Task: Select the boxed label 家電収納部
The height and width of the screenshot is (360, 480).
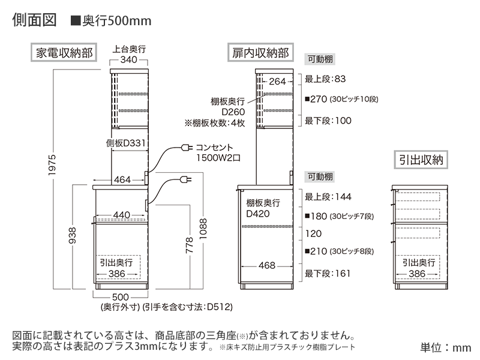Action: (64, 53)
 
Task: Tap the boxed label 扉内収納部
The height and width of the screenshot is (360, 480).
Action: (260, 53)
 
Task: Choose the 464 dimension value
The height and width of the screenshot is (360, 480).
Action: (122, 180)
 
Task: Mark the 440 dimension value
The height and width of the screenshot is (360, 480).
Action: (121, 215)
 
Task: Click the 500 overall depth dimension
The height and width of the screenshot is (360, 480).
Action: (121, 297)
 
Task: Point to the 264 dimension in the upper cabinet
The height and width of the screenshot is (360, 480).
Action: (277, 82)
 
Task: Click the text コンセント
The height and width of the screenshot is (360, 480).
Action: (214, 147)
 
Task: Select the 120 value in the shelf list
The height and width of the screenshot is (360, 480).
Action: (313, 233)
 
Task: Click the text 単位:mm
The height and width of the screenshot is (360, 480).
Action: (446, 347)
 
